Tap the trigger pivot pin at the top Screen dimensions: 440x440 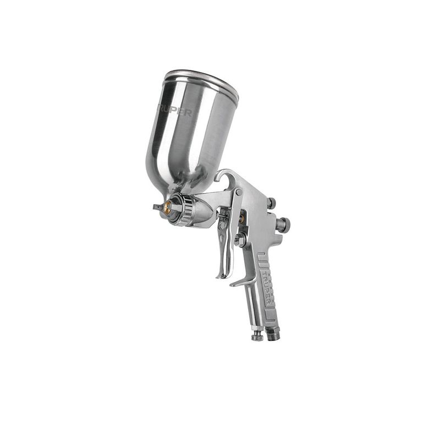(239, 193)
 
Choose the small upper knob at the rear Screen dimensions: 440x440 (271, 203)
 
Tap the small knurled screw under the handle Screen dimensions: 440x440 (257, 334)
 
